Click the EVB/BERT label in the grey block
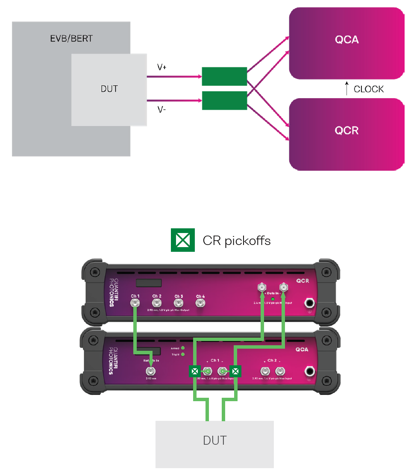coord(71,39)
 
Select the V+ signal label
coord(162,67)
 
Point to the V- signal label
coord(161,110)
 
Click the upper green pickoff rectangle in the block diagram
coord(224,76)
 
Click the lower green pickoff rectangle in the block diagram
coord(224,101)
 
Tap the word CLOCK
coord(369,89)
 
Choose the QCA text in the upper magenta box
coord(346,40)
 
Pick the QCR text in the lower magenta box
coord(346,131)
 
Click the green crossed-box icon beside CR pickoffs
coord(183,240)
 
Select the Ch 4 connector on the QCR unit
coord(200,303)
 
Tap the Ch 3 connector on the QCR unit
coord(179,303)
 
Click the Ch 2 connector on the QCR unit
coord(157,303)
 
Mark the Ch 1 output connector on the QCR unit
coord(135,303)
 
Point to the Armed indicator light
coord(183,347)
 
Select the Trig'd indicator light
coord(183,354)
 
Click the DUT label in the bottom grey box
coord(214,440)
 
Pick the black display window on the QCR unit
coord(148,283)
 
